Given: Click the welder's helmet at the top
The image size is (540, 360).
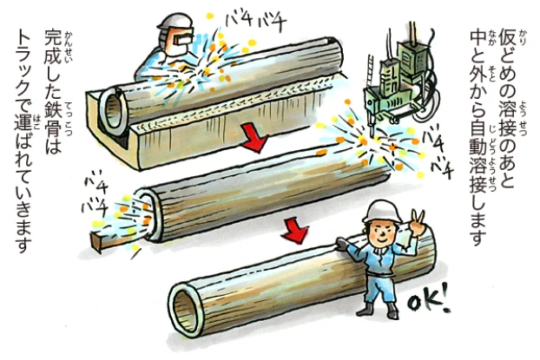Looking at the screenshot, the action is pos(175,22).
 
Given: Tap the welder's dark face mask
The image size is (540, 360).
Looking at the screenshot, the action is pos(183,37).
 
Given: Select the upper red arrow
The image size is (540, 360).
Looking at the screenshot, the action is pos(255,138).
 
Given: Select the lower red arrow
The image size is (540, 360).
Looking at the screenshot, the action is pos(294,231).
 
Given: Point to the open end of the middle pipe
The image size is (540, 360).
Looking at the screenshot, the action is pos(150,213).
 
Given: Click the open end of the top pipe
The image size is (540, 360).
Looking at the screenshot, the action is pos(113,110).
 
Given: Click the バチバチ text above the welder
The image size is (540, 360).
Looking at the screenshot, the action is pos(256,23).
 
